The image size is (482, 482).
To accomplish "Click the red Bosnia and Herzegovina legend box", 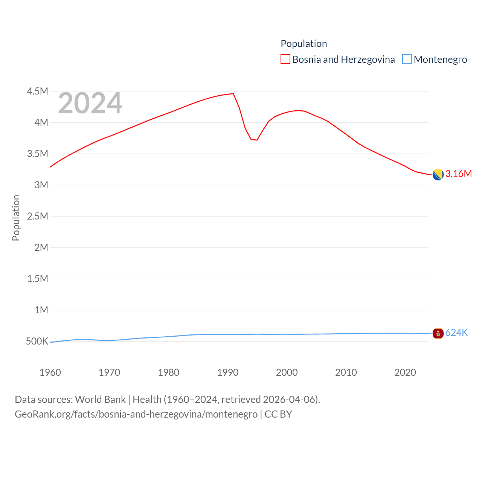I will (285, 59).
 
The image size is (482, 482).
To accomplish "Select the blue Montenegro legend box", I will (407, 59).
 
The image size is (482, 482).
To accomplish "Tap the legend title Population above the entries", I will (304, 44).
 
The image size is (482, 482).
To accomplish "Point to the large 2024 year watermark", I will (90, 103).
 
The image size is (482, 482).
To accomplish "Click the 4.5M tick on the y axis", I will (38, 91).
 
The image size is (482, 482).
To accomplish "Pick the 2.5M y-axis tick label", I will (38, 216).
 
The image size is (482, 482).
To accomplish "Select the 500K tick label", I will (37, 341).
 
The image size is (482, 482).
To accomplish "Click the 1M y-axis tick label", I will (41, 310).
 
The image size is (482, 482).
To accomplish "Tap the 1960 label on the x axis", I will (50, 372).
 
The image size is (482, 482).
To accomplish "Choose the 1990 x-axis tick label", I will (228, 372).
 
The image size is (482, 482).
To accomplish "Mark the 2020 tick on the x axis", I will (405, 372).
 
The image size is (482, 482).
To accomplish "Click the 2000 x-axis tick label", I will (287, 372).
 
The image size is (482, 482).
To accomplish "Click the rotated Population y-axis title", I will (16, 218).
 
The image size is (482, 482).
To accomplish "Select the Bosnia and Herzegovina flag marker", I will (438, 175).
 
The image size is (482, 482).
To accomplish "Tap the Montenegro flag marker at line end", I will (438, 333).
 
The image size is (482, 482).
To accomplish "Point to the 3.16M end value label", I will (458, 174).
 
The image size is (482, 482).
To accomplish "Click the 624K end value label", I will (456, 333).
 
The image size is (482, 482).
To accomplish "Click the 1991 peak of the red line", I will (233, 94).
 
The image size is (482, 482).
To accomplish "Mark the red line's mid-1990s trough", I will (256, 140).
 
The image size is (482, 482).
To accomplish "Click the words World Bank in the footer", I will (100, 400).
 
